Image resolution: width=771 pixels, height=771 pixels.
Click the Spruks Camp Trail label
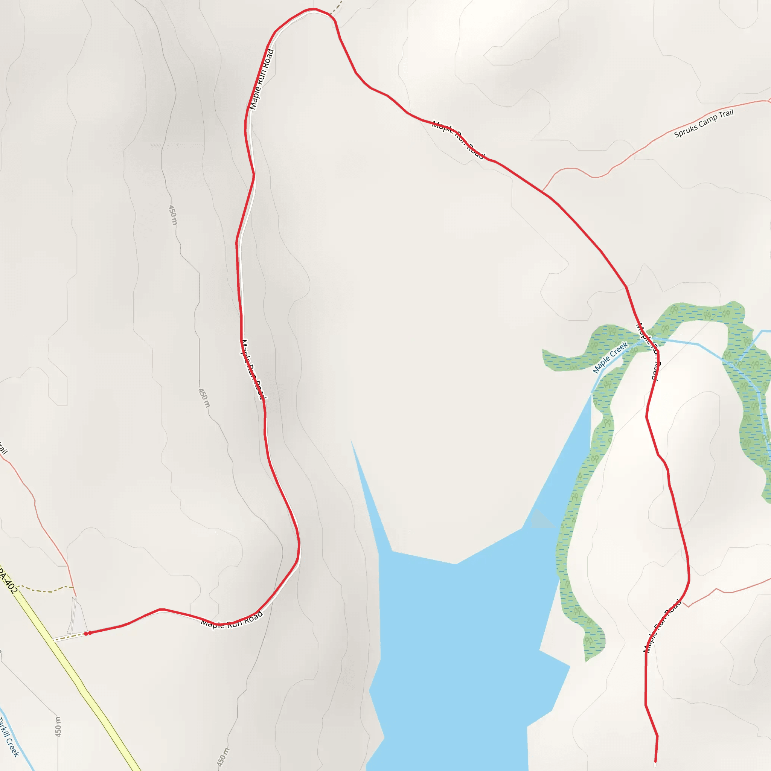click(x=704, y=123)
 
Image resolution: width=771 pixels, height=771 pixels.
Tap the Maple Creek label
click(x=610, y=358)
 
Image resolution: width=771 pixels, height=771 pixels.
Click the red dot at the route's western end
click(x=88, y=633)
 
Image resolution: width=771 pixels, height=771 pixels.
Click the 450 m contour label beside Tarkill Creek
click(x=58, y=727)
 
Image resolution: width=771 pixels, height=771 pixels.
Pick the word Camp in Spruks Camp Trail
click(x=707, y=122)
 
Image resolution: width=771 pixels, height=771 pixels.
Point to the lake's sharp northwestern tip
click(x=352, y=441)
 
